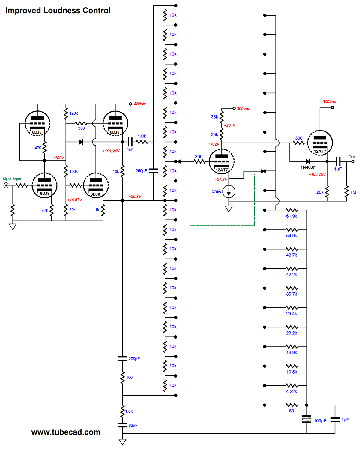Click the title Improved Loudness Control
[58, 11]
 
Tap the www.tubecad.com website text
[66, 432]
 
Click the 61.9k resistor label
[291, 216]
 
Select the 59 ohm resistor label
[291, 411]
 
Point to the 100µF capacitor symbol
[307, 419]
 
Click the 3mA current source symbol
[229, 191]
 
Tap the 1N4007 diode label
[308, 167]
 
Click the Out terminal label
[352, 157]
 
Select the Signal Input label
[12, 179]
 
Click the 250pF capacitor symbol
[153, 171]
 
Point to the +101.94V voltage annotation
[111, 151]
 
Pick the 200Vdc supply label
[140, 104]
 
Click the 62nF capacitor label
[133, 425]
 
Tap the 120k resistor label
[73, 113]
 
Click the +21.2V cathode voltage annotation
[221, 179]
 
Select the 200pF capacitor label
[134, 359]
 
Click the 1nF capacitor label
[130, 149]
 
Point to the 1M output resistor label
[353, 192]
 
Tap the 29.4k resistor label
[291, 313]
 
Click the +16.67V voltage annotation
[75, 200]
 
